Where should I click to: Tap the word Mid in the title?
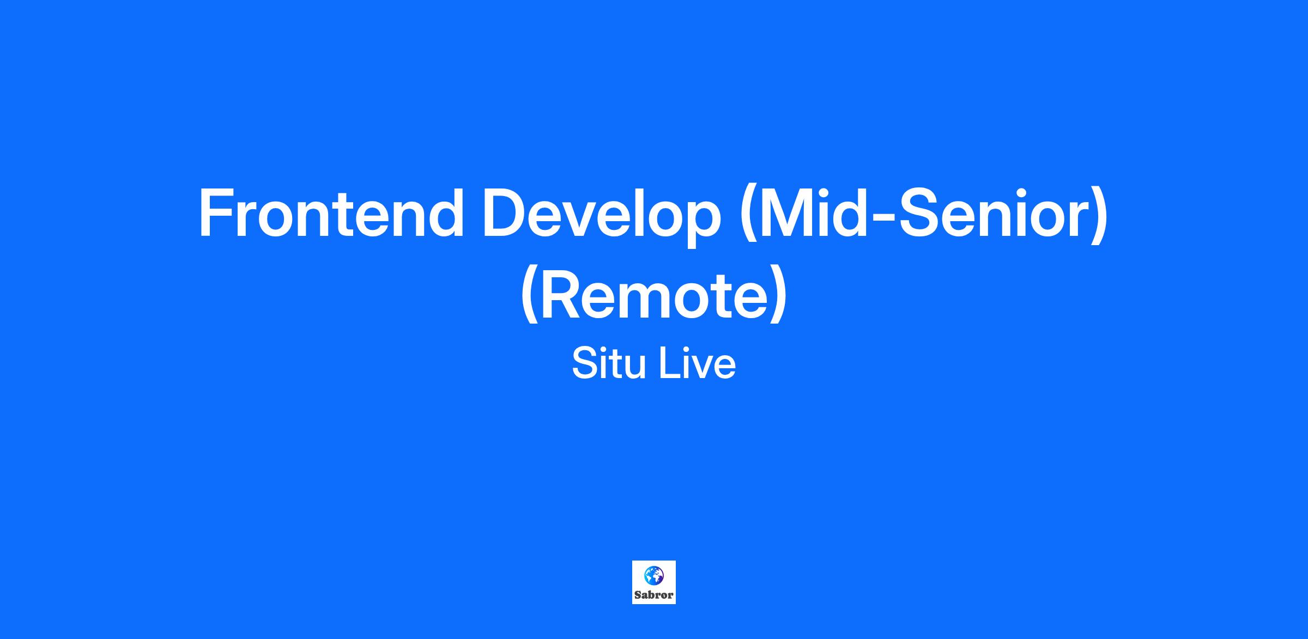[x=806, y=213]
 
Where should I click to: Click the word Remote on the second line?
[x=654, y=295]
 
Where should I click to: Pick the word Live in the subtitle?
[x=698, y=363]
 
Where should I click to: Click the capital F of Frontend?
[x=217, y=213]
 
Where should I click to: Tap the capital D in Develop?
[x=506, y=213]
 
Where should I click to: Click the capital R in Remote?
[x=564, y=295]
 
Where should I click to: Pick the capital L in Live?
[x=669, y=363]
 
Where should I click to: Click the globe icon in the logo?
[x=653, y=574]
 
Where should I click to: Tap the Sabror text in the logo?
[x=654, y=595]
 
